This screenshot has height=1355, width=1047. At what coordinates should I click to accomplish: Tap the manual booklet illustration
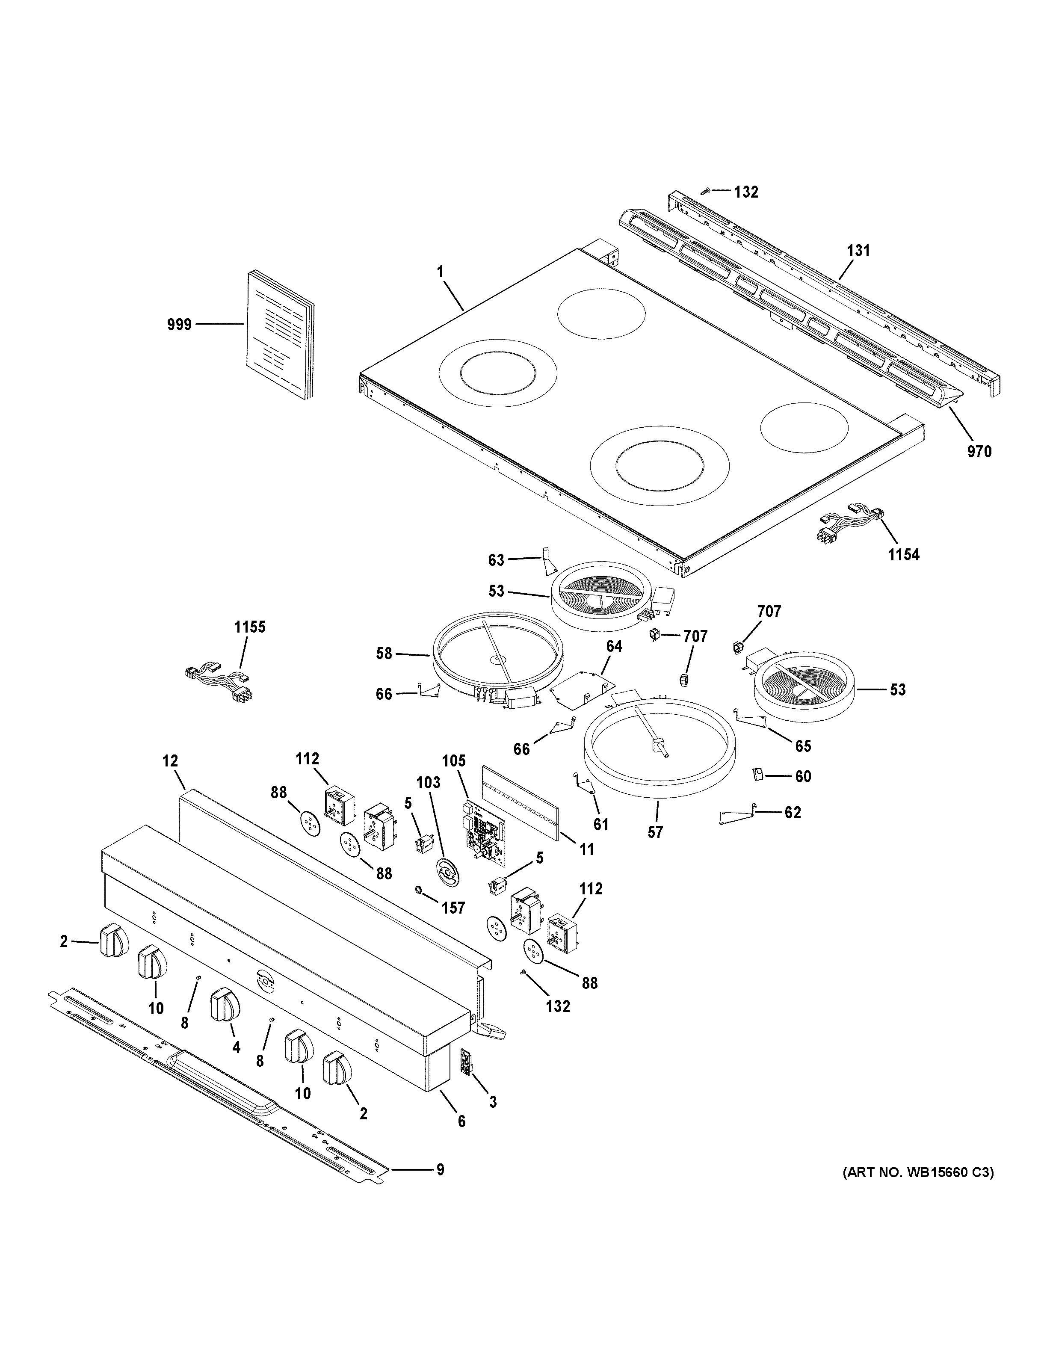click(279, 335)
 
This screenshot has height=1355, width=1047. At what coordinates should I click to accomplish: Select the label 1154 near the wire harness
click(903, 555)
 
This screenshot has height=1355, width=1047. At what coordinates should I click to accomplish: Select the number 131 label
click(858, 251)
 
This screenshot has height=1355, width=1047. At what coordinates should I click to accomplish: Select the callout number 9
click(440, 1169)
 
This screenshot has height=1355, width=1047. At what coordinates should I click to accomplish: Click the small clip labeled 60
click(758, 774)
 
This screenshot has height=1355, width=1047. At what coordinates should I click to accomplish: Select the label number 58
click(384, 653)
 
